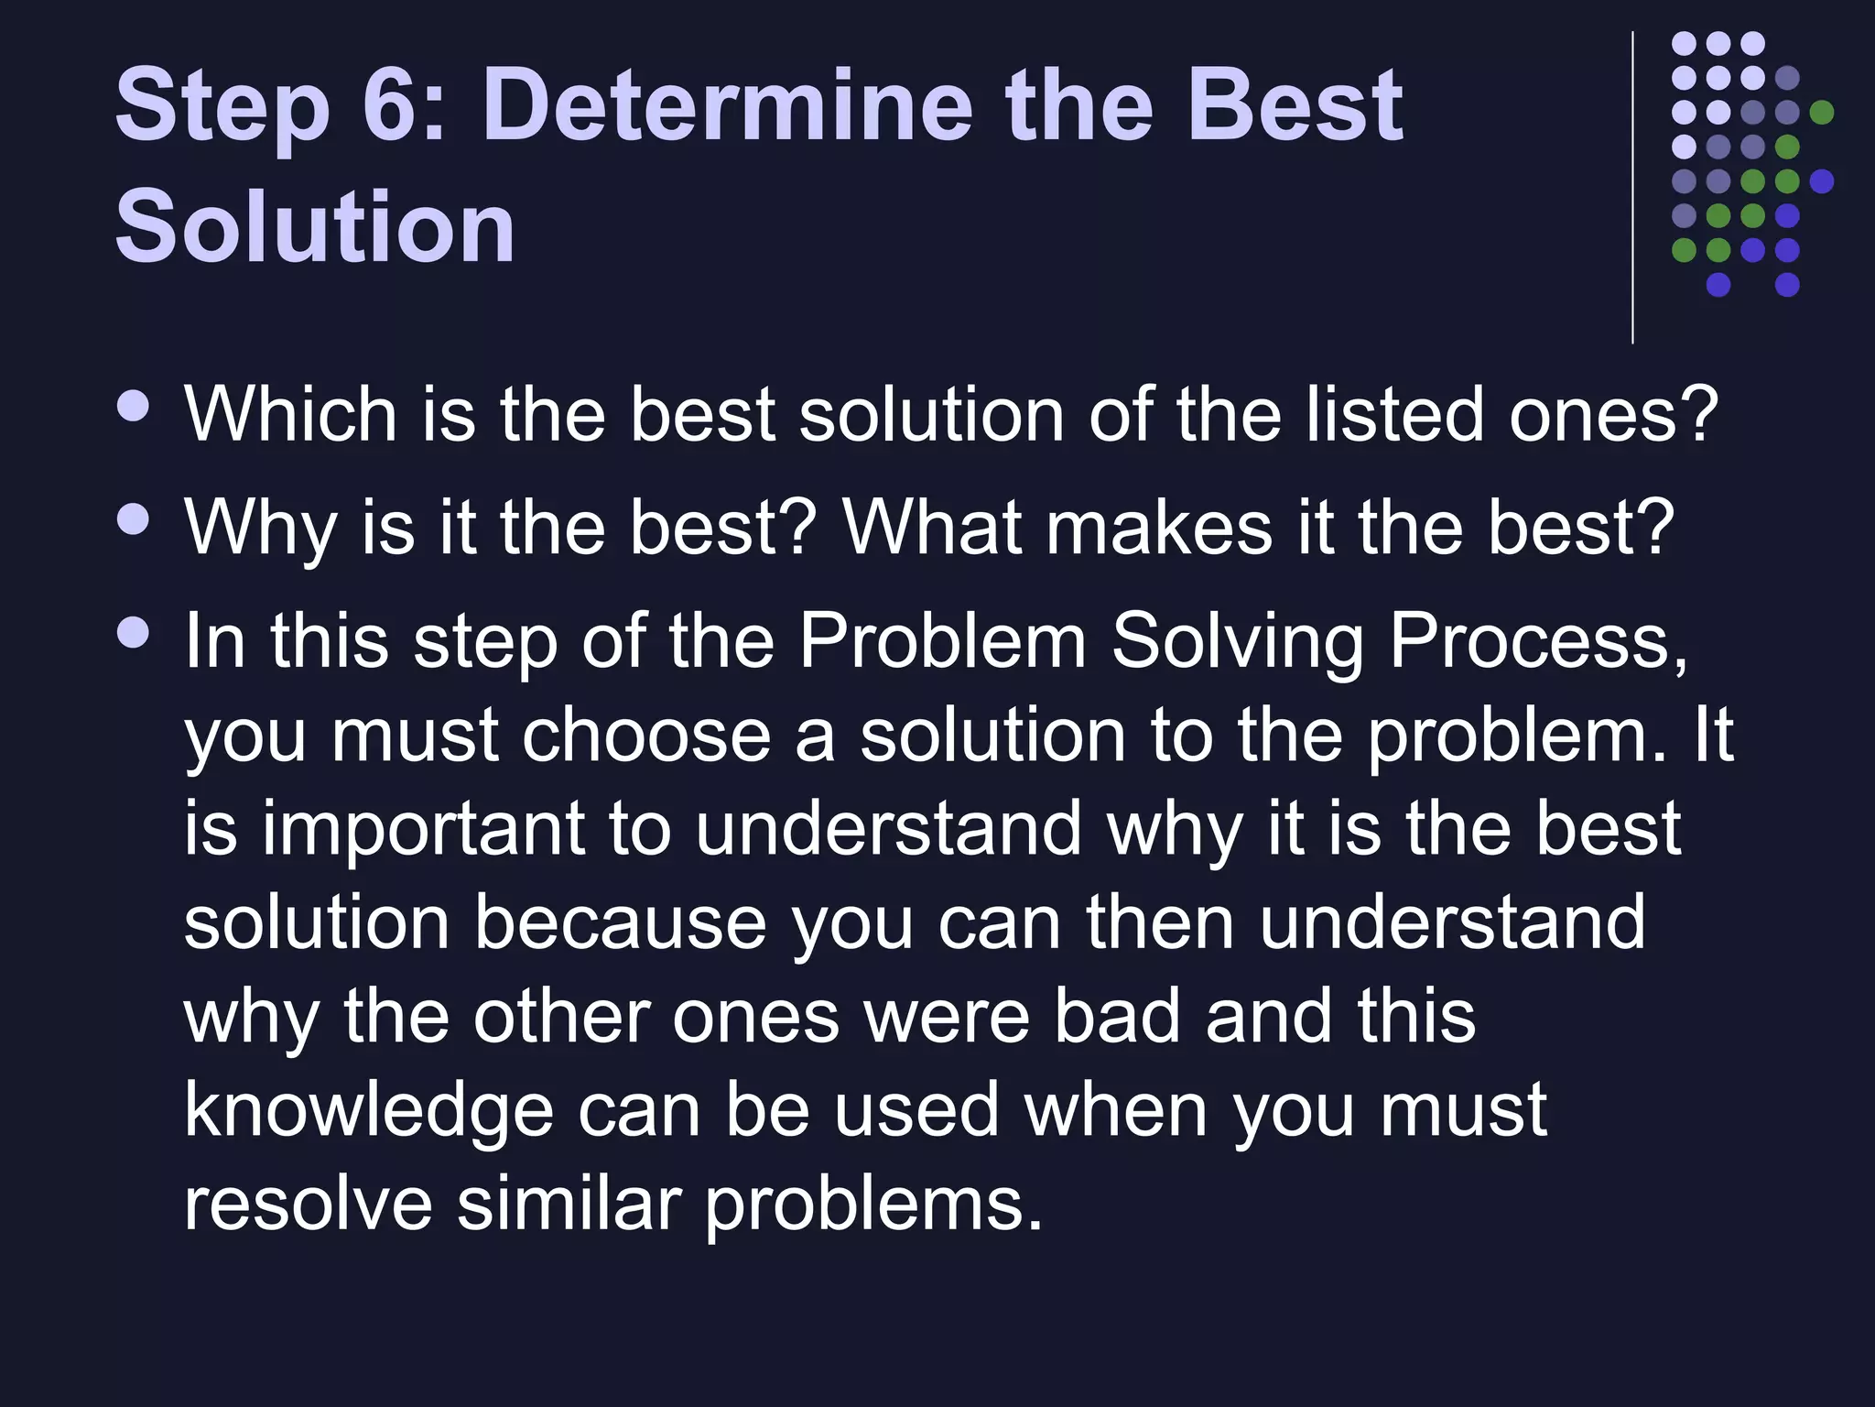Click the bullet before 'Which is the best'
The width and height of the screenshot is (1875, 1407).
[x=134, y=407]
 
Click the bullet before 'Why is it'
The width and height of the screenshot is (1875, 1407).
[x=134, y=520]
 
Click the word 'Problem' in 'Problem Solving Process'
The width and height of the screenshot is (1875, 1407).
[x=942, y=641]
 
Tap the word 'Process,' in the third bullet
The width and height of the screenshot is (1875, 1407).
[x=1538, y=641]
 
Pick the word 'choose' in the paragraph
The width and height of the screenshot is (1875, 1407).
[x=646, y=736]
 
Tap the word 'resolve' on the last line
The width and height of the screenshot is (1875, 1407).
[x=308, y=1205]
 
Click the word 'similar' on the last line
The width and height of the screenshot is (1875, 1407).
[x=569, y=1205]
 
